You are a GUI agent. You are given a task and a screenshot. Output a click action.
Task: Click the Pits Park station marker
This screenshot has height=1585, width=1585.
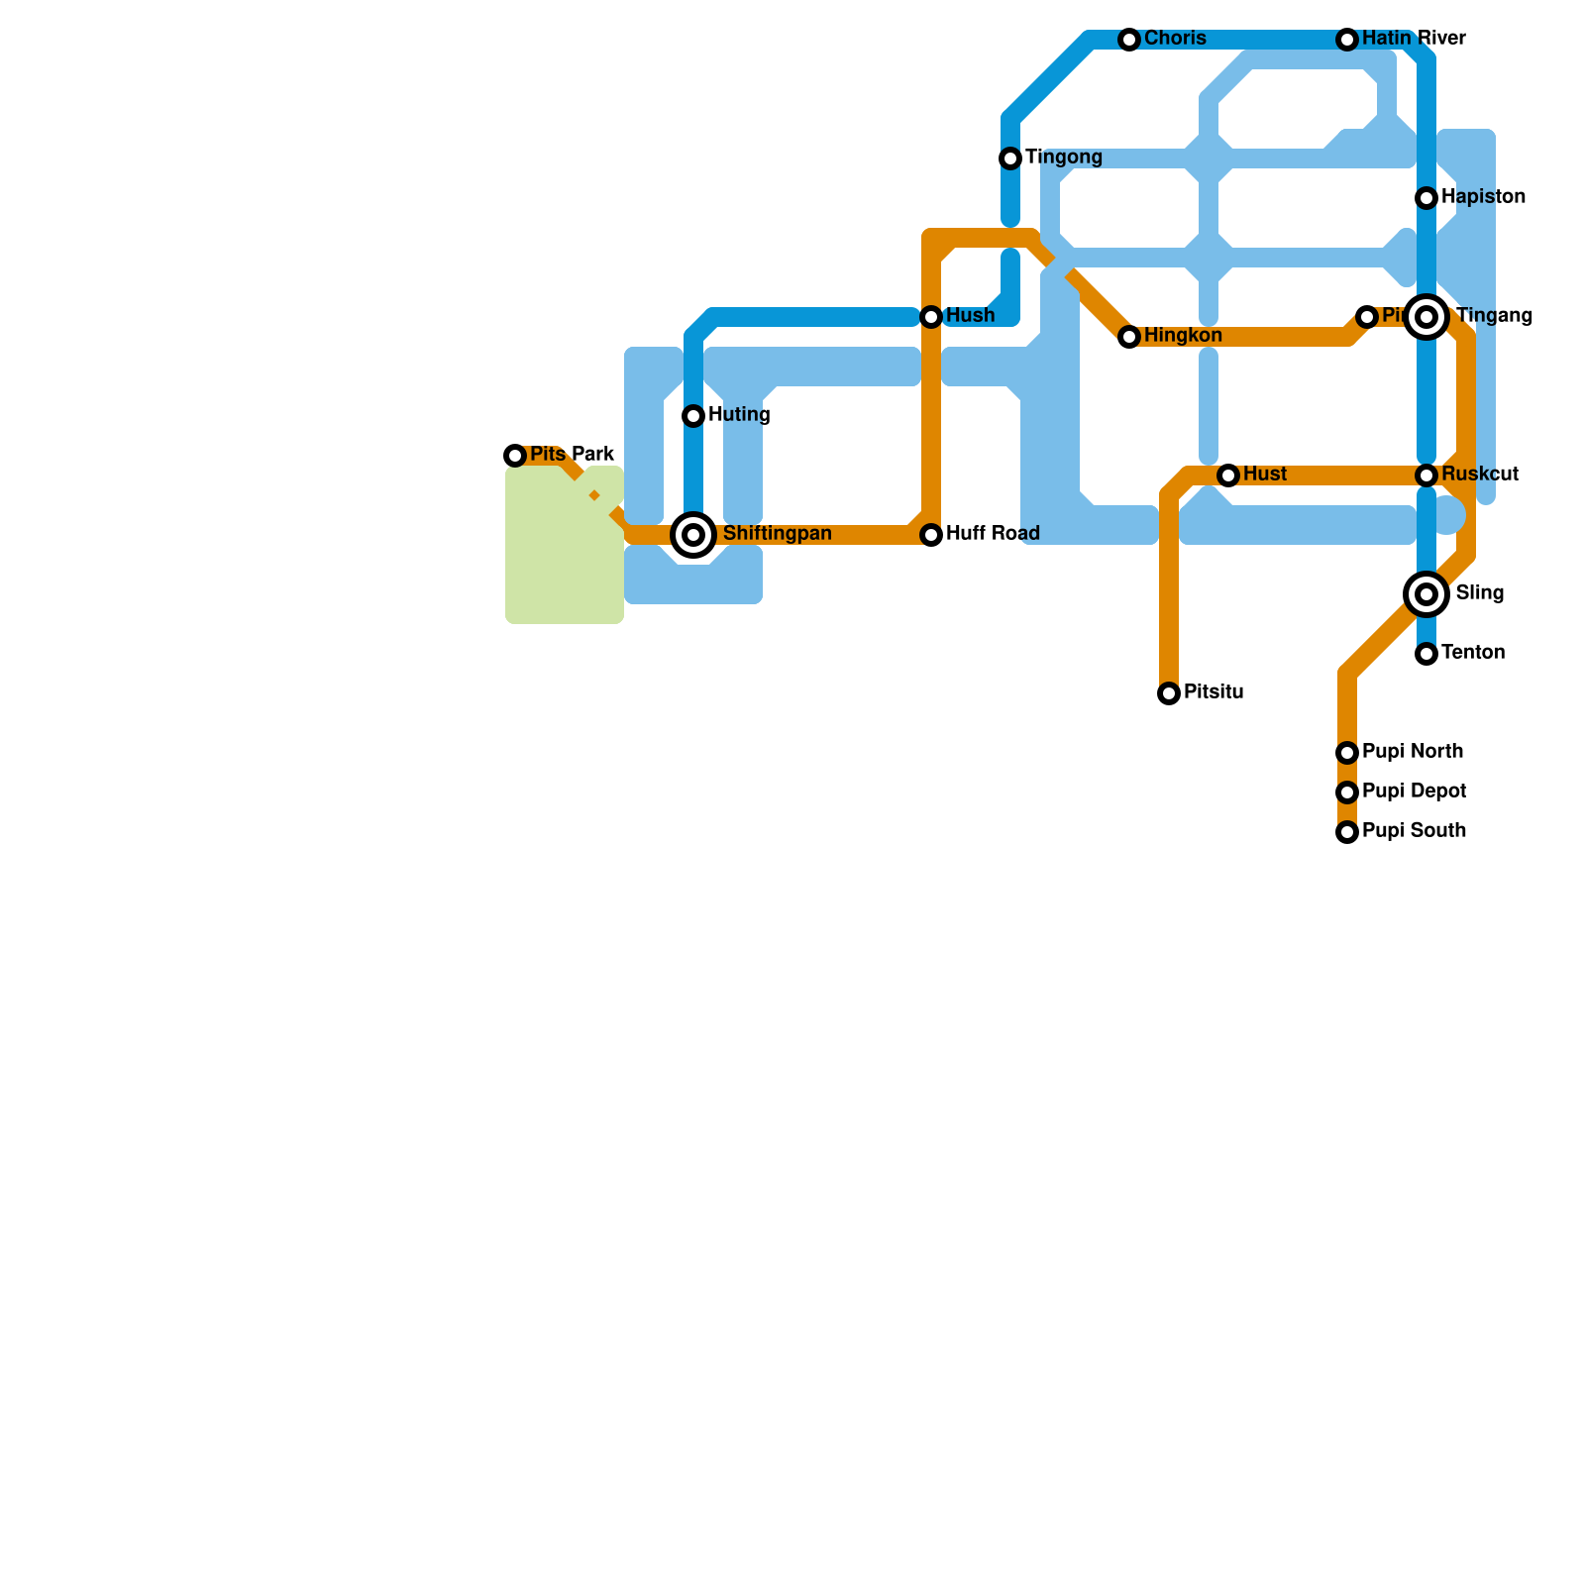515,456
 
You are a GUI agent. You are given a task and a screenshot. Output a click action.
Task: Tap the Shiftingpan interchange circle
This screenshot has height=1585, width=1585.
694,535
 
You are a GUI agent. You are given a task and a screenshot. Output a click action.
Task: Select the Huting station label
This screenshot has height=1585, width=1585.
739,415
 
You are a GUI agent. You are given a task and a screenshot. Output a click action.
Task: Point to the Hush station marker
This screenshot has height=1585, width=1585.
931,317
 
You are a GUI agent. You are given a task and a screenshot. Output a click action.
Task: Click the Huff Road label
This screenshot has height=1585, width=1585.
993,534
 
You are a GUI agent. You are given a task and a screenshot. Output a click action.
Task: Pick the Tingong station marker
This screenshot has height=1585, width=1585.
1010,158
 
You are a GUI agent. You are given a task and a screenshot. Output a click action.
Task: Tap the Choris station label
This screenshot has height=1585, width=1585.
1175,39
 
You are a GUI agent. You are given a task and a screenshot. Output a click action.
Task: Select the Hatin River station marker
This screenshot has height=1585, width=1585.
1347,40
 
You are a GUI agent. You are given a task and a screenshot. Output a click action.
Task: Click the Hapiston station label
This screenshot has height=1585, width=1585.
1483,197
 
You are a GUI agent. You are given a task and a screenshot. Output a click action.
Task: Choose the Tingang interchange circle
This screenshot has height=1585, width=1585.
1426,317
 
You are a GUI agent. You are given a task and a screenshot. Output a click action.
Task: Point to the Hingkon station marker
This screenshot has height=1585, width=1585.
1129,337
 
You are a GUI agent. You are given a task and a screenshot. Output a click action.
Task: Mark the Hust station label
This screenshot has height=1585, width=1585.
1265,475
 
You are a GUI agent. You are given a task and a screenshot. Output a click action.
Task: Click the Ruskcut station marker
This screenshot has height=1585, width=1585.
1426,475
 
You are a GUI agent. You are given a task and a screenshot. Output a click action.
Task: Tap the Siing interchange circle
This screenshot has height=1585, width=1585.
1426,594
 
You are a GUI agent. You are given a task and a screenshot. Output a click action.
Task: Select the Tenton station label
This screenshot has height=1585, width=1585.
1473,653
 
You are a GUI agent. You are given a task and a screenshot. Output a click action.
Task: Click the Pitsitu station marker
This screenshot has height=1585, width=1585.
1169,693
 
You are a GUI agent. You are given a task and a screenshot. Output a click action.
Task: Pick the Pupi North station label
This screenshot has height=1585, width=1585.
1413,752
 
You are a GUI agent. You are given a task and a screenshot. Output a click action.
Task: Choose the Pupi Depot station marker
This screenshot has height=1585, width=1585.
1347,792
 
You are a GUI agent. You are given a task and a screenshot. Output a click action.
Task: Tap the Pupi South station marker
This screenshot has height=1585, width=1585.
1347,832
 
